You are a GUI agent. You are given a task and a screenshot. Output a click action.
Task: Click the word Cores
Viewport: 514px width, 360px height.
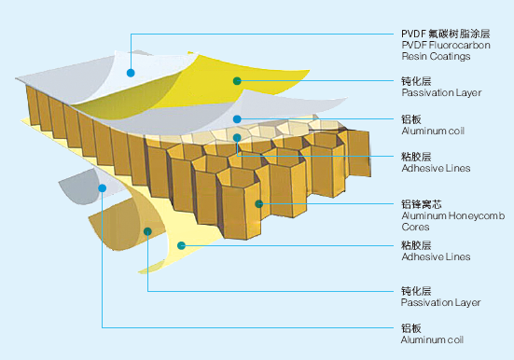[415, 226]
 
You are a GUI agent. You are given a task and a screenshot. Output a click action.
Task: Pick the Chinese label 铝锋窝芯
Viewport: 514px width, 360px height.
[421, 204]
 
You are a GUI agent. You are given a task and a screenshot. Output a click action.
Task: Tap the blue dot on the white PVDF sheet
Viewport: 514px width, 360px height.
[132, 72]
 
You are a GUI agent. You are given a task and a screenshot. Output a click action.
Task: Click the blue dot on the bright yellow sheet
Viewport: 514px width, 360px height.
[237, 81]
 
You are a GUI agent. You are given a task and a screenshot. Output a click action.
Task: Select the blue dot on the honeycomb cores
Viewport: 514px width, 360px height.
[259, 202]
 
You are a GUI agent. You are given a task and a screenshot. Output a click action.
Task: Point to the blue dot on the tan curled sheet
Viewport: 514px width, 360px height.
[147, 229]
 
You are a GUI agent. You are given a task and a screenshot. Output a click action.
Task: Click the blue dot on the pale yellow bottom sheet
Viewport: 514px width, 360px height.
[182, 246]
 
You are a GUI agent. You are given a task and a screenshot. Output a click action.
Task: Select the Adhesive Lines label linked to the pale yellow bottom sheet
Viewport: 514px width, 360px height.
[434, 256]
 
